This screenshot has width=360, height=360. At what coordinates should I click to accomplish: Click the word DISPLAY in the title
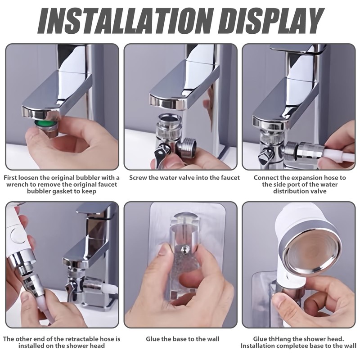coord(273,22)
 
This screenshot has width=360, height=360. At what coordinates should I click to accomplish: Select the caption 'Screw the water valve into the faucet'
coord(184,178)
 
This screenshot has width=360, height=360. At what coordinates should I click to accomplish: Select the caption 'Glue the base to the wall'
coord(183,339)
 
